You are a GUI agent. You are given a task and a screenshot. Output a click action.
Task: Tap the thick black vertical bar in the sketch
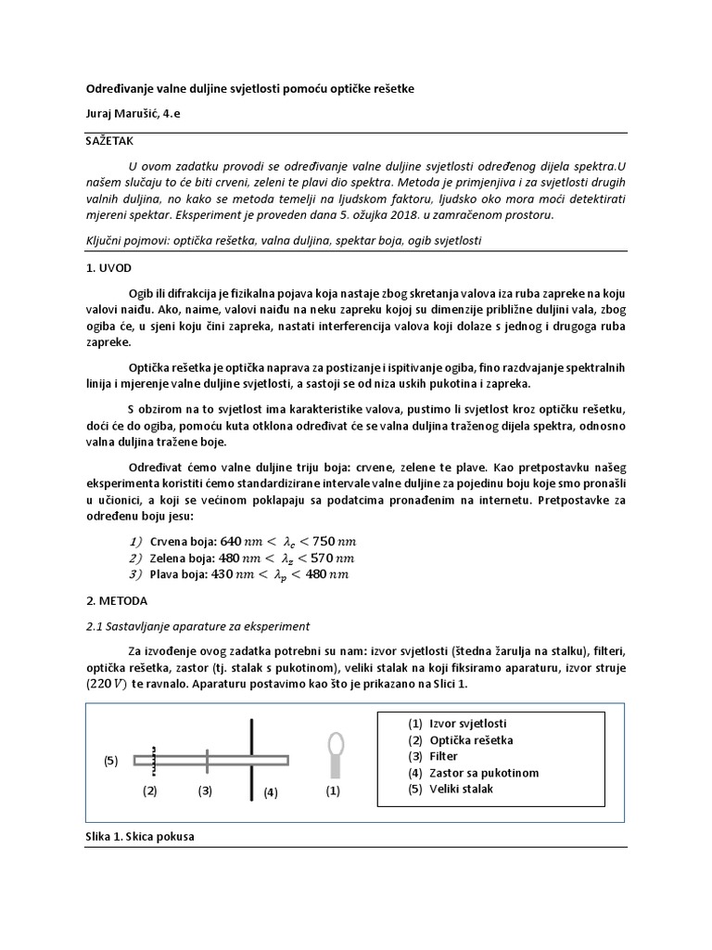251,759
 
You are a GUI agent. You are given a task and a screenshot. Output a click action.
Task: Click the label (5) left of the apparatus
111,761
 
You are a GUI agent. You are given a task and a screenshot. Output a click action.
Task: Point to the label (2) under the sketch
150,791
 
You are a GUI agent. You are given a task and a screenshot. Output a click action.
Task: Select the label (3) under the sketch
206,791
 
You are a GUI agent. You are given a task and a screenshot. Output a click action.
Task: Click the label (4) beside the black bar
269,793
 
